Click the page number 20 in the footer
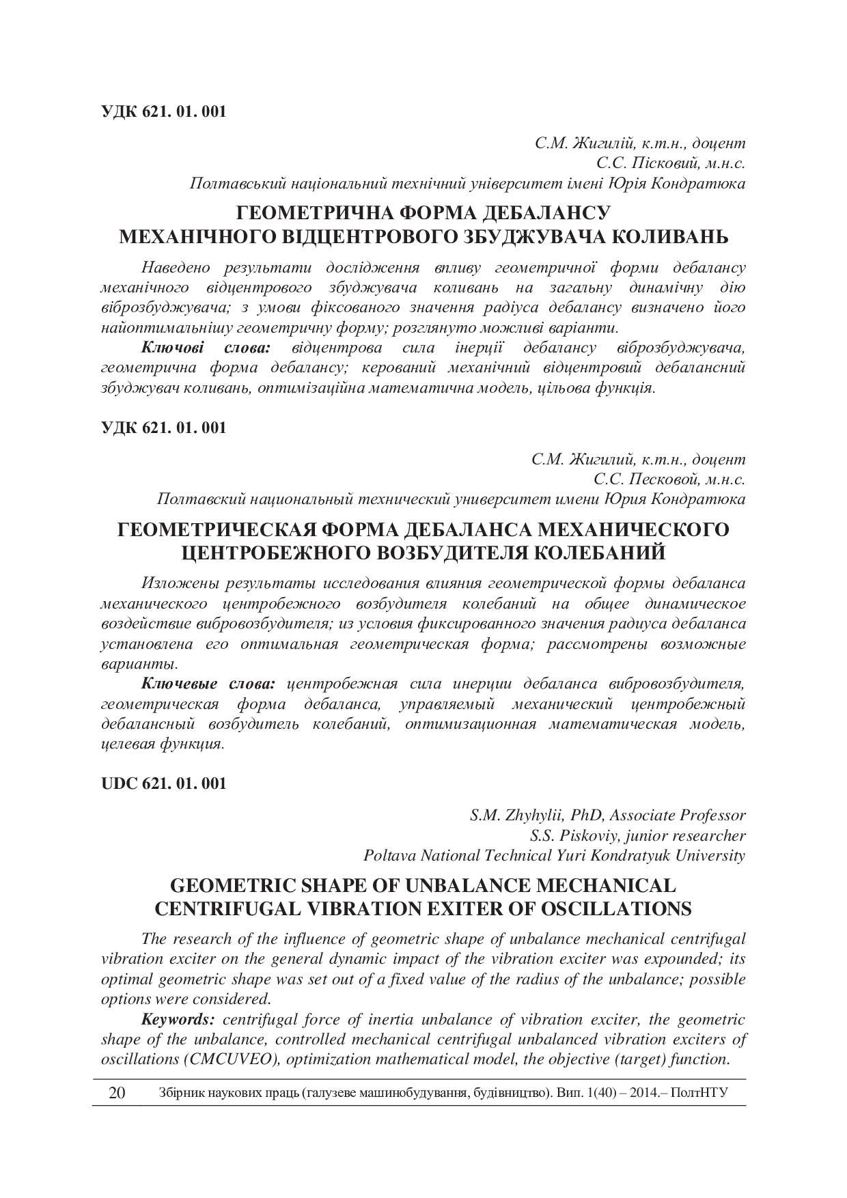[117, 1092]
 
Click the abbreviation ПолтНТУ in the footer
[699, 1092]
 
